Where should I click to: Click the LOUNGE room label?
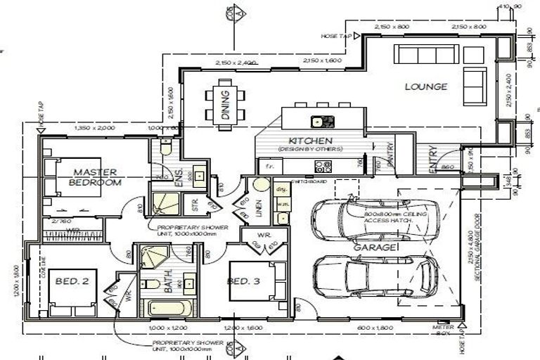click(426, 87)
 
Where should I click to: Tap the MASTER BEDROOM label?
click(96, 176)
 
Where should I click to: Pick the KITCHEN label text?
click(309, 141)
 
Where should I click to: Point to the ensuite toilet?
click(164, 148)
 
